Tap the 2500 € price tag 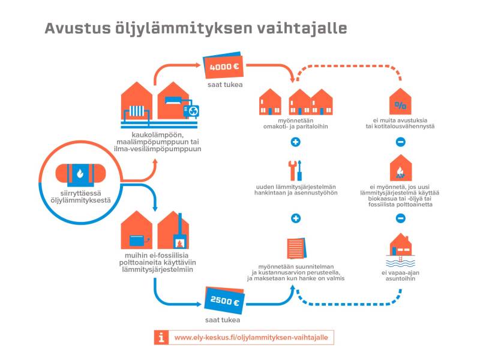[223, 302]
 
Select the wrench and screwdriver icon [295, 170]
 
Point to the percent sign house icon [400, 103]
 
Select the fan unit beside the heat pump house [193, 110]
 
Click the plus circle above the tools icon [295, 142]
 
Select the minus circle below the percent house [400, 142]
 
